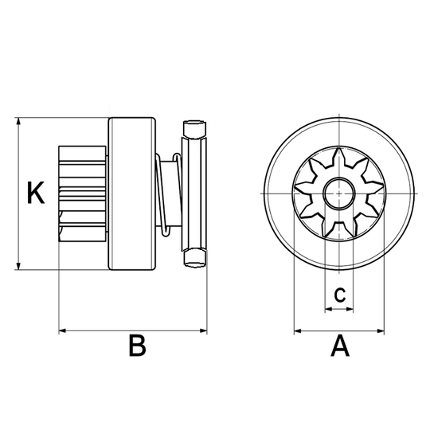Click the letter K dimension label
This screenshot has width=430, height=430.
point(36,193)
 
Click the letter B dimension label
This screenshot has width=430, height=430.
point(137,345)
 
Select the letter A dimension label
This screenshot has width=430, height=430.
point(340,345)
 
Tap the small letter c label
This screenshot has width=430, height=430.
point(340,295)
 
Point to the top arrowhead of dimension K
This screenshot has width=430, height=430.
point(18,121)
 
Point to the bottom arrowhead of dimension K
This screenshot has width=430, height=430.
point(18,266)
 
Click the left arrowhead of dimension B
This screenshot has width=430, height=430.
point(63,331)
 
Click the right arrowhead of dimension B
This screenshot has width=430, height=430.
point(204,331)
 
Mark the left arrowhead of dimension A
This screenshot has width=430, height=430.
point(298,331)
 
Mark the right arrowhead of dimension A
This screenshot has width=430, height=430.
point(381,331)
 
